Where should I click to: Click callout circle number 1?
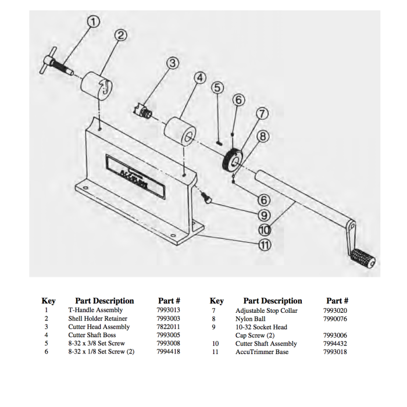tap(94, 22)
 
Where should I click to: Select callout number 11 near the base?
tap(264, 244)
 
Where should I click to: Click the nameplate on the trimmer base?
tap(135, 173)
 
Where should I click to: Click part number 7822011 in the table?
tap(168, 327)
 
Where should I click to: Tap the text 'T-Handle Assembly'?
tap(95, 310)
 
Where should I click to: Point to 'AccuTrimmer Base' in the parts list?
tap(262, 352)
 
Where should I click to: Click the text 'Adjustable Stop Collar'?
tap(266, 310)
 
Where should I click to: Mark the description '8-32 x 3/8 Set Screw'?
tap(97, 344)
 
